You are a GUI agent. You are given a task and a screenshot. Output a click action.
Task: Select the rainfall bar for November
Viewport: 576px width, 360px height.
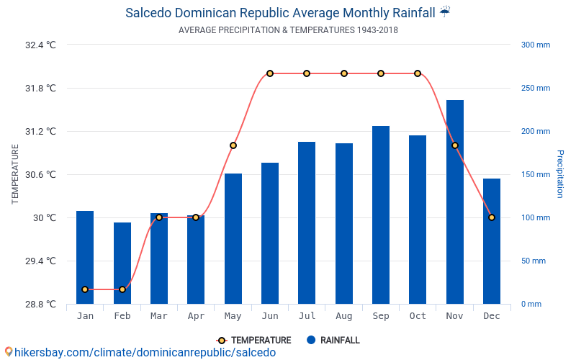pos(455,202)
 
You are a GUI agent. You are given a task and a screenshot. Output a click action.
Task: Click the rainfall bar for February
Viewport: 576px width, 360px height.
pos(122,263)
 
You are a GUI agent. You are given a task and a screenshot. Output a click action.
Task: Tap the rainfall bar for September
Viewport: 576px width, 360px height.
pos(381,215)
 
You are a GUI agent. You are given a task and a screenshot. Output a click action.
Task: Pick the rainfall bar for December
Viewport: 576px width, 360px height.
pos(492,241)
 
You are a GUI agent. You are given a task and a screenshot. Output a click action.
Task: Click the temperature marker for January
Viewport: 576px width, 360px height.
pos(85,289)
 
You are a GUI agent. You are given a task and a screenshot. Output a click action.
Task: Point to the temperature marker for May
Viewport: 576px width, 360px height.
pos(233,145)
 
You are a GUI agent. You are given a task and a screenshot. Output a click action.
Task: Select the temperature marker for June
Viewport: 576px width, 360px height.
pos(270,73)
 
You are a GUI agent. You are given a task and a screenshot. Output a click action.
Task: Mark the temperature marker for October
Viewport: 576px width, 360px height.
pos(418,73)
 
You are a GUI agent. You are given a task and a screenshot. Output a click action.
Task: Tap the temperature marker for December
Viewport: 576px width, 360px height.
pos(492,217)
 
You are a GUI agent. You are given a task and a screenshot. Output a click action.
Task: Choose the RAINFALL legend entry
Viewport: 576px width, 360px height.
pos(333,341)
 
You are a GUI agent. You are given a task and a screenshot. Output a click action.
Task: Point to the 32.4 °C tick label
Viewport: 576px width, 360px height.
pos(40,45)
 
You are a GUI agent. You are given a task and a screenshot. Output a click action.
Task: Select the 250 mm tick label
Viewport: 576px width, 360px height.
pos(536,88)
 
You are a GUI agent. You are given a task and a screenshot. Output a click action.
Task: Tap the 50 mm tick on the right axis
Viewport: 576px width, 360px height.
pos(534,261)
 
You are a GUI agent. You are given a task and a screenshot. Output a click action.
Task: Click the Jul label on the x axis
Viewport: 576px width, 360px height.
pos(307,316)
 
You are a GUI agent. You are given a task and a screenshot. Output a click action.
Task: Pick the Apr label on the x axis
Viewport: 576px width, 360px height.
pos(196,316)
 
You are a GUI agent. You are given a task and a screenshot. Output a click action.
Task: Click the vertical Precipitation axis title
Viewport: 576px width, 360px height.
pos(559,174)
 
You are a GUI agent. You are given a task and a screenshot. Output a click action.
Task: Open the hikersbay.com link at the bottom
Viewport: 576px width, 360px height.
pos(140,352)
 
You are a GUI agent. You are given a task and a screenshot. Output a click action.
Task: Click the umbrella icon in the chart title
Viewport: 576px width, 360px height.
pos(445,12)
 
